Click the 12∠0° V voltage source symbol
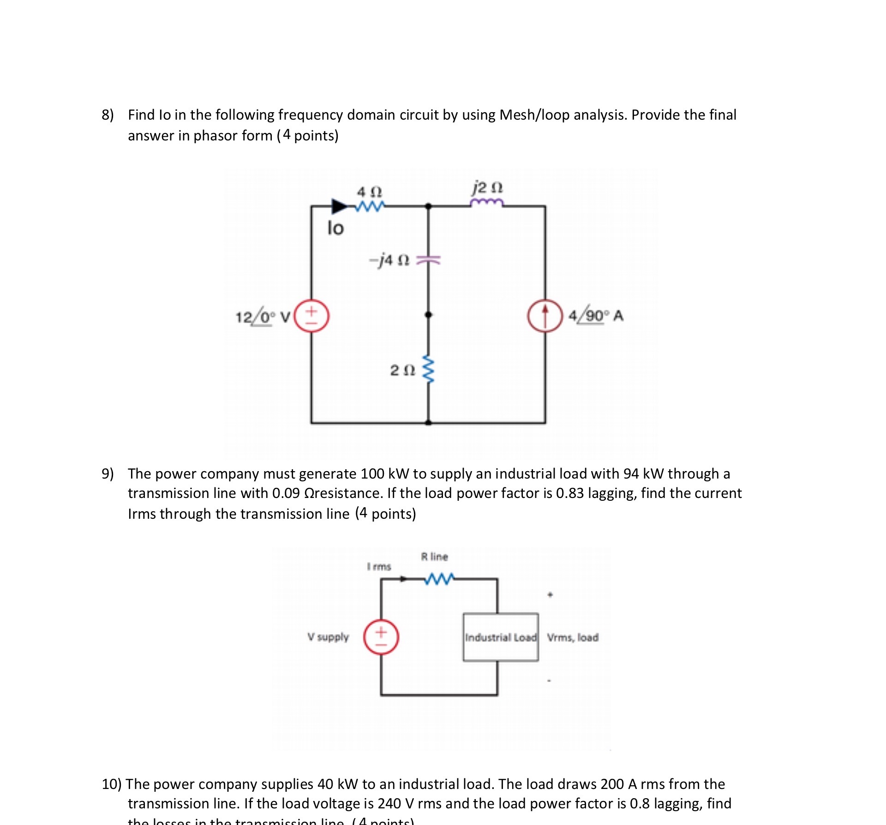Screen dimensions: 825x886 tap(311, 316)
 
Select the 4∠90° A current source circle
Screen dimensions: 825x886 tap(545, 316)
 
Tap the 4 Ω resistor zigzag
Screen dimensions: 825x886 tap(370, 206)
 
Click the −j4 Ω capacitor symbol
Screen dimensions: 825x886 tap(428, 261)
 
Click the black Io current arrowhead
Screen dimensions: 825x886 tap(340, 206)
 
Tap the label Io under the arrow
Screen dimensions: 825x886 tap(335, 228)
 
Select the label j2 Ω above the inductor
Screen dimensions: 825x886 tap(487, 188)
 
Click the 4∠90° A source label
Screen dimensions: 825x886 tap(596, 316)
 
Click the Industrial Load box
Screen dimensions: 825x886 tap(501, 637)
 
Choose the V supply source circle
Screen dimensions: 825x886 tap(381, 637)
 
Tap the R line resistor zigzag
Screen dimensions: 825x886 tap(439, 578)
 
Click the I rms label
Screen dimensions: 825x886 tap(379, 566)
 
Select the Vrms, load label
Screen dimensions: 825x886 tap(573, 637)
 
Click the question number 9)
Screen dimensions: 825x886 tap(108, 473)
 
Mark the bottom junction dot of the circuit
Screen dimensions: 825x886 tap(428, 422)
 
